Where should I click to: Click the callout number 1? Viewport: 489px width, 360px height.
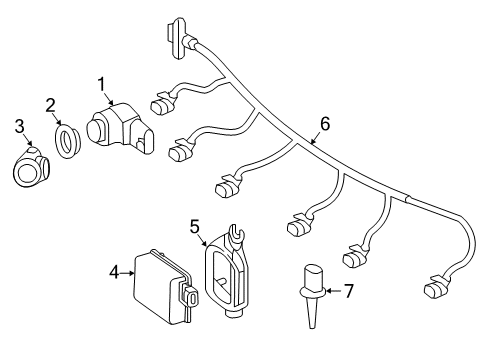pos(101,84)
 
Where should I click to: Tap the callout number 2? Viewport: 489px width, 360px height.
pos(50,105)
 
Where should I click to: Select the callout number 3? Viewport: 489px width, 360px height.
pos(19,127)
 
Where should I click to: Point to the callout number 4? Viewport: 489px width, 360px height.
pos(114,273)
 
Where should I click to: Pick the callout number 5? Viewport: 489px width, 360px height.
pos(195,227)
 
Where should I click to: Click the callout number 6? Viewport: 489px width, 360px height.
pos(325,123)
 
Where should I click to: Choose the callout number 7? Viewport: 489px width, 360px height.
pos(349,291)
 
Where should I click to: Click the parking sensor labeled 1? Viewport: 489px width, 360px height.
pos(120,129)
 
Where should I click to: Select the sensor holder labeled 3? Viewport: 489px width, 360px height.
pos(31,166)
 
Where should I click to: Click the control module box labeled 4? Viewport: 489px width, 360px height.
pos(166,286)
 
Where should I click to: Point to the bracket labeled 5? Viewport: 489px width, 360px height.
pos(227,271)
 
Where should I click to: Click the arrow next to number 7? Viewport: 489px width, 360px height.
pos(334,291)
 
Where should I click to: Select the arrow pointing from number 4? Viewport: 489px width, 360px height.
pos(127,273)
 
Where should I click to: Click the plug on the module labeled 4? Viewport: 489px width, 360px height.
pos(190,294)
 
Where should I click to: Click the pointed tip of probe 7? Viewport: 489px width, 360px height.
pos(312,328)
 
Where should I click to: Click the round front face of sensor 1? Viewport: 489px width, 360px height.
pos(95,131)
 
